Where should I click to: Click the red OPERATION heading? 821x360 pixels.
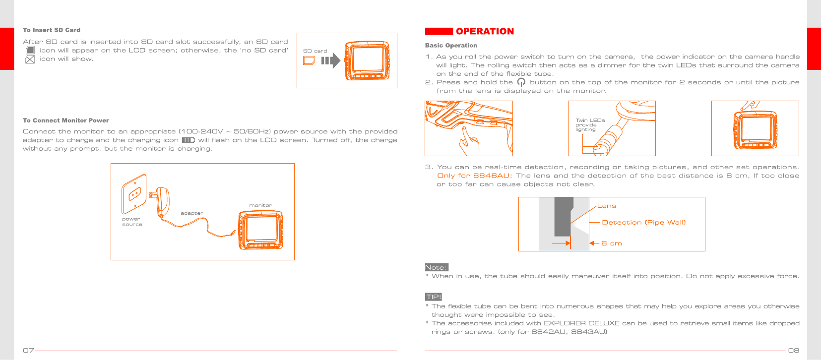pyautogui.click(x=484, y=31)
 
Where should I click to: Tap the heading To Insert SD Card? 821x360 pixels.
pyautogui.click(x=52, y=30)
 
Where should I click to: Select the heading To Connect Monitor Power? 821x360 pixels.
pyautogui.click(x=66, y=120)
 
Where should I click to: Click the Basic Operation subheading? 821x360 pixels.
pyautogui.click(x=451, y=46)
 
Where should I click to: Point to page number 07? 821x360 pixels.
pyautogui.click(x=28, y=350)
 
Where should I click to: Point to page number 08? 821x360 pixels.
pyautogui.click(x=793, y=350)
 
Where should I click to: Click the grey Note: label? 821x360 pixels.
pyautogui.click(x=437, y=267)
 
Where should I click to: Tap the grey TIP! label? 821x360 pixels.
pyautogui.click(x=434, y=297)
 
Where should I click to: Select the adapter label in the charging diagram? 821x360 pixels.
pyautogui.click(x=192, y=213)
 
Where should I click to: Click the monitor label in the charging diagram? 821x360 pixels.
pyautogui.click(x=260, y=205)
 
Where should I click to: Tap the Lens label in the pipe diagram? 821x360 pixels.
pyautogui.click(x=606, y=206)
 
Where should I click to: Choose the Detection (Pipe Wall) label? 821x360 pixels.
pyautogui.click(x=643, y=223)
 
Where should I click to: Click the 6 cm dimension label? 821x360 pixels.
pyautogui.click(x=611, y=243)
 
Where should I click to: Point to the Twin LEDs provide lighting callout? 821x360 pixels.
pyautogui.click(x=590, y=124)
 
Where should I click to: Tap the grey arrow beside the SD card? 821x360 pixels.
pyautogui.click(x=330, y=60)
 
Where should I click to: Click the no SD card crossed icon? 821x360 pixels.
pyautogui.click(x=30, y=60)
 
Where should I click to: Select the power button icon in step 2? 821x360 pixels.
pyautogui.click(x=521, y=82)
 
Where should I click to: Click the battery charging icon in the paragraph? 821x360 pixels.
pyautogui.click(x=188, y=140)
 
